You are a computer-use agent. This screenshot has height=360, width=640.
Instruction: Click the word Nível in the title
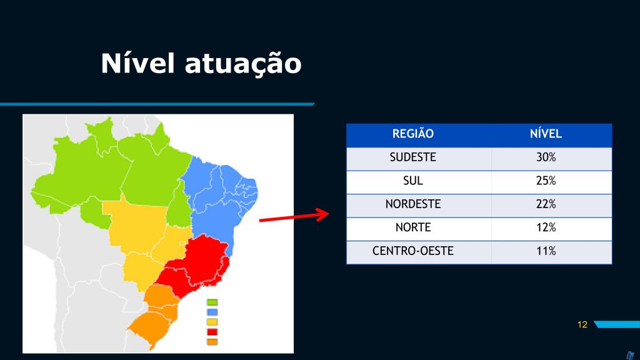[x=138, y=63]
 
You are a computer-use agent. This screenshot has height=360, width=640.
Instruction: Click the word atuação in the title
[x=243, y=65]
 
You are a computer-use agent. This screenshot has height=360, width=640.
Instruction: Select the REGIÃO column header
[x=412, y=134]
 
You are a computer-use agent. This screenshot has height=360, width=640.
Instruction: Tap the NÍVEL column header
[x=546, y=134]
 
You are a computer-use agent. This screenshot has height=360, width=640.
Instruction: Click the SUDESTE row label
[x=412, y=157]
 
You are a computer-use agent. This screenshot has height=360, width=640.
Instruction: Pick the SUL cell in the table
[x=412, y=181]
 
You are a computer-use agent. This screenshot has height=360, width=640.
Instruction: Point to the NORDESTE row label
[x=412, y=204]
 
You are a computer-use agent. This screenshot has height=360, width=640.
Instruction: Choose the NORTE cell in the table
[x=412, y=227]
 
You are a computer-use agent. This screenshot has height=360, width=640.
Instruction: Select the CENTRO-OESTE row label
[x=412, y=251]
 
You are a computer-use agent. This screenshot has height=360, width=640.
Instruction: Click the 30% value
[x=546, y=157]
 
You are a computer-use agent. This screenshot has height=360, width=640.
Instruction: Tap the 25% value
[x=546, y=181]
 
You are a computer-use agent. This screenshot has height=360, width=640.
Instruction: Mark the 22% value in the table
[x=546, y=204]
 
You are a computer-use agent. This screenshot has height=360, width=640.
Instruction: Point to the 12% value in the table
[x=546, y=227]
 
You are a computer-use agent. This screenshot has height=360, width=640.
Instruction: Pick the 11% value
[x=546, y=251]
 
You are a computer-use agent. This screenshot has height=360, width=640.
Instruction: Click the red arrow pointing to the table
[x=294, y=216]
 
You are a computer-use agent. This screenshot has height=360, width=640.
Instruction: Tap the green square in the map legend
[x=212, y=302]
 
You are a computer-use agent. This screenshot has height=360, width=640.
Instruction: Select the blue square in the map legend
[x=212, y=312]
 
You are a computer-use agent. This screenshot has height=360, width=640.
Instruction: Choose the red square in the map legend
[x=212, y=332]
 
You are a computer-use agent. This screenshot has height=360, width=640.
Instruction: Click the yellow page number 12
[x=582, y=324]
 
